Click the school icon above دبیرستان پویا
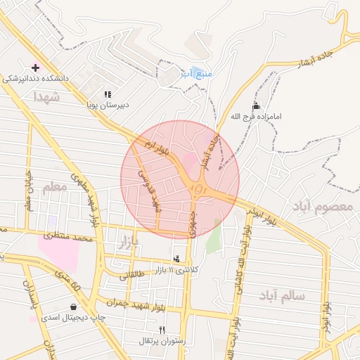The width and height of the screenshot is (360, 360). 108,94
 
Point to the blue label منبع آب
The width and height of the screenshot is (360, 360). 196,72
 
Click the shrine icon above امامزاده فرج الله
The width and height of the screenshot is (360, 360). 255,106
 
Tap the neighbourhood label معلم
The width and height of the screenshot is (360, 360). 54,187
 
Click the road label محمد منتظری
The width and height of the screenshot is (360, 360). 68,238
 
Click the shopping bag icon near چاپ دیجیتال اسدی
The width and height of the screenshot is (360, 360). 74,307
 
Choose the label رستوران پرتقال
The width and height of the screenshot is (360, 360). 162,341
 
